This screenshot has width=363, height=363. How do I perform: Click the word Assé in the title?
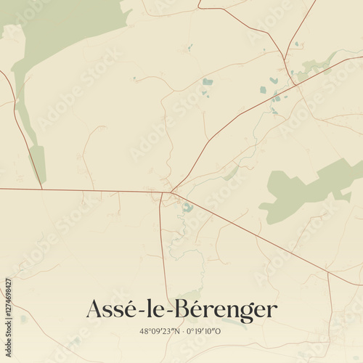109,309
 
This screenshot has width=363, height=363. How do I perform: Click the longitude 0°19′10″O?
204,332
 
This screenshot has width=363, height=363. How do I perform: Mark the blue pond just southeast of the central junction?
188,208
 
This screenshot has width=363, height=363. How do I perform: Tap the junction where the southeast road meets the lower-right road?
329,274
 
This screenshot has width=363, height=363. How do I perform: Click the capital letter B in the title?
191,309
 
